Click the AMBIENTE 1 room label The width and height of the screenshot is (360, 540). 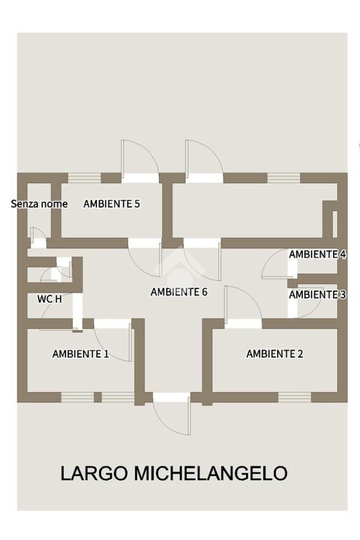click(80, 354)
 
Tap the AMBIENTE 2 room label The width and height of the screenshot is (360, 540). click(275, 354)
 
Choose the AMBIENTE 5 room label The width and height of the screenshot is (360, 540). click(112, 204)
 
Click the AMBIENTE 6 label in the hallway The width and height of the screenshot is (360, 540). click(179, 292)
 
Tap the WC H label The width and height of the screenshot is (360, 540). click(50, 299)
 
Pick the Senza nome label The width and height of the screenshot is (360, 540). click(39, 204)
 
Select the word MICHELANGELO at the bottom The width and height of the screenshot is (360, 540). click(211, 473)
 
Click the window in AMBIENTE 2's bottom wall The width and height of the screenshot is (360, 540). click(294, 397)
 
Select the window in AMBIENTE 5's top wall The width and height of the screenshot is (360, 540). click(84, 178)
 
